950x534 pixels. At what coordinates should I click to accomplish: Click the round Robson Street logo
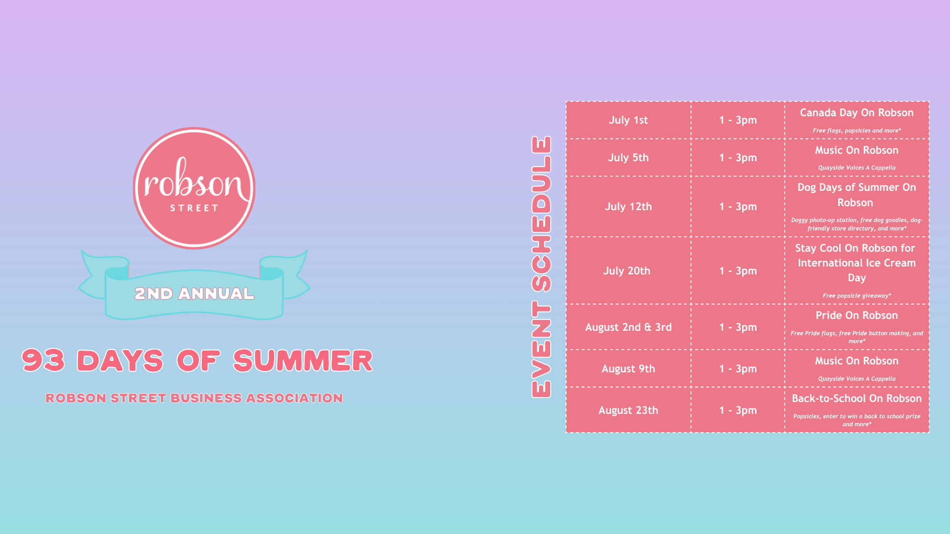[x=194, y=188]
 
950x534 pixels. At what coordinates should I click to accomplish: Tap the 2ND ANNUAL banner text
[x=194, y=294]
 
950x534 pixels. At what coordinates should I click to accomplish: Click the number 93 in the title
[x=43, y=360]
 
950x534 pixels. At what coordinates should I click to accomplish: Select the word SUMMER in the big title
[x=303, y=360]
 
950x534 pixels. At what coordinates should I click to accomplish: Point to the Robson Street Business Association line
[x=194, y=398]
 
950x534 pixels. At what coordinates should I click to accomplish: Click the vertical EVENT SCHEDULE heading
[x=541, y=267]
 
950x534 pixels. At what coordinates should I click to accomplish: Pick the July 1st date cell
[x=628, y=120]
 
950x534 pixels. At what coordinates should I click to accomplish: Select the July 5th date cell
[x=628, y=158]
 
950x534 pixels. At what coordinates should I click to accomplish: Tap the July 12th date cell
[x=628, y=207]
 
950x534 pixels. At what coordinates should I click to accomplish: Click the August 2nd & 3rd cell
[x=628, y=327]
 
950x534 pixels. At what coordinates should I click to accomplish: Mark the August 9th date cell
[x=628, y=369]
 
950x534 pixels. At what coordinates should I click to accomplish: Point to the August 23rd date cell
[x=628, y=410]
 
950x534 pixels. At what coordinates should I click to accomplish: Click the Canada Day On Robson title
[x=856, y=113]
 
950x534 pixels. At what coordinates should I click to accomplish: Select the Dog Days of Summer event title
[x=856, y=195]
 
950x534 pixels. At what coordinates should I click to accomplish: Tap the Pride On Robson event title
[x=856, y=315]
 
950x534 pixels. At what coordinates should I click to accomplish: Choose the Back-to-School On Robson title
[x=856, y=399]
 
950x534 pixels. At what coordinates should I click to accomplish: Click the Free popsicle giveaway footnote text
[x=856, y=296]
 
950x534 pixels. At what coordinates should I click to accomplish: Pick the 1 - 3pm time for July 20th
[x=738, y=271]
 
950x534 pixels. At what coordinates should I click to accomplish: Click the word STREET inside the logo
[x=194, y=208]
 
